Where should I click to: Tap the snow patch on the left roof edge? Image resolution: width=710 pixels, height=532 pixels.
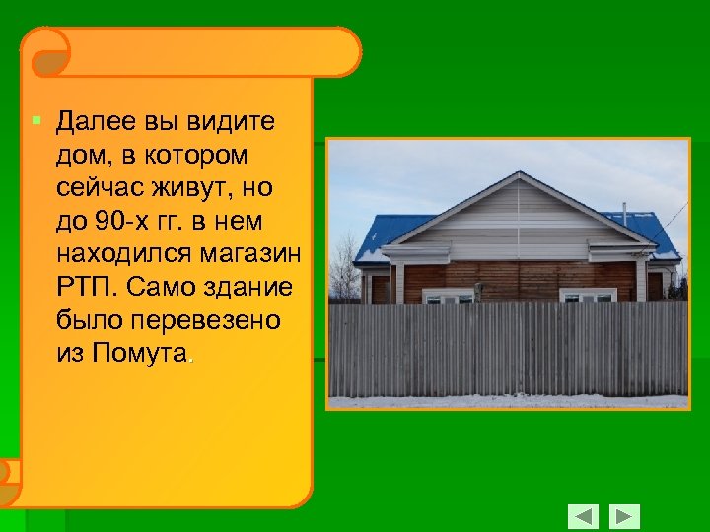(x=367, y=256)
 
